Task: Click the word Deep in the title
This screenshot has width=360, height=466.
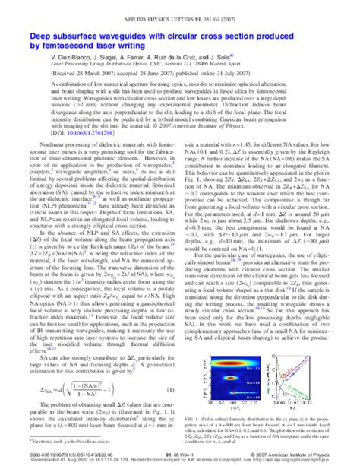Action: click(x=40, y=35)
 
